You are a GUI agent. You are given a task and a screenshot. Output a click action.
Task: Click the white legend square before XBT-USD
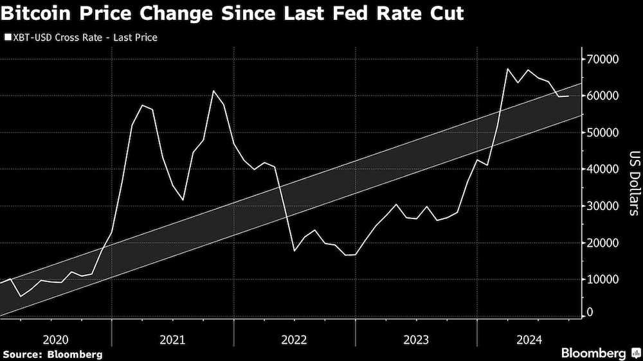pyautogui.click(x=7, y=38)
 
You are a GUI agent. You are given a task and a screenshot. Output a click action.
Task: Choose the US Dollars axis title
pyautogui.click(x=633, y=183)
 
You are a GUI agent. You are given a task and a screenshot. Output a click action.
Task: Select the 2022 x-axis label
pyautogui.click(x=294, y=339)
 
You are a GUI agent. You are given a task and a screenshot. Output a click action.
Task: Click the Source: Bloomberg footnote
pyautogui.click(x=52, y=354)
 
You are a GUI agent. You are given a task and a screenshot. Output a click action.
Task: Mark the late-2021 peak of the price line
pyautogui.click(x=213, y=91)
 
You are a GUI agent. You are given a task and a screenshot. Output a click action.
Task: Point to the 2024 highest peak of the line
pyautogui.click(x=507, y=69)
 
